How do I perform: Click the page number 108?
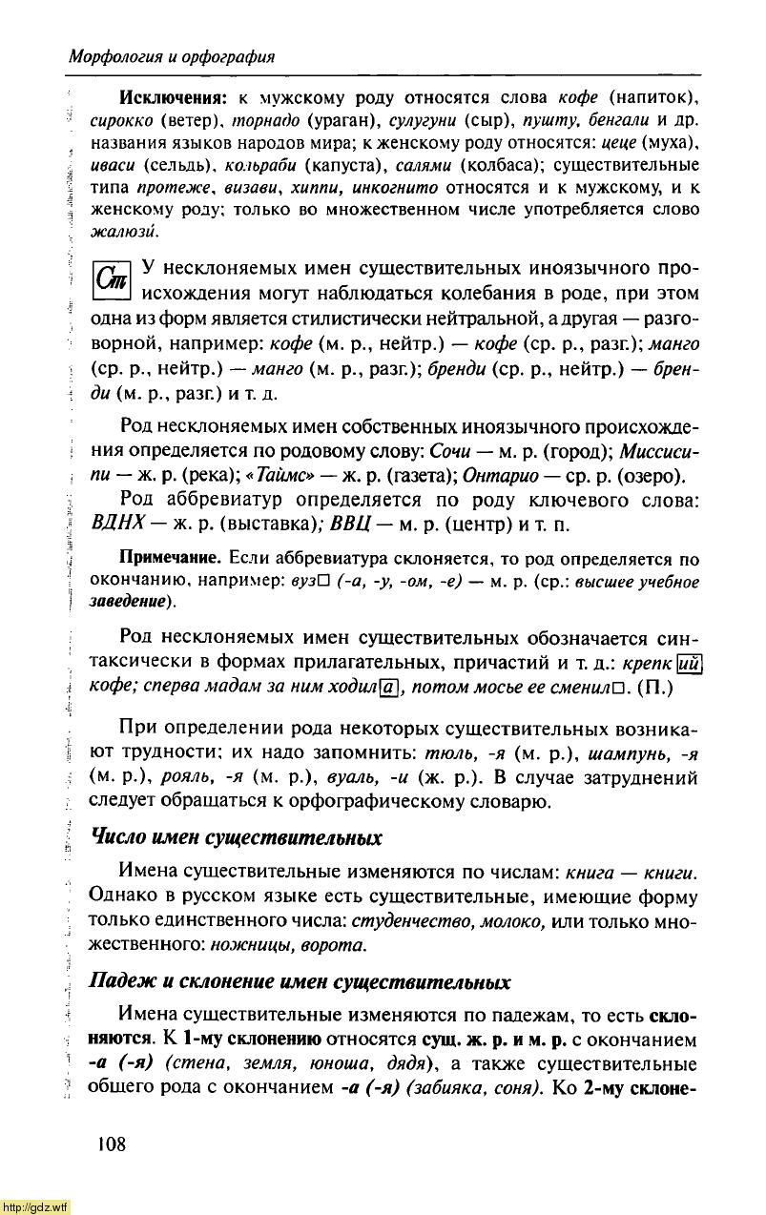tap(111, 1143)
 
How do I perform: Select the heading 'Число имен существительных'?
tap(236, 838)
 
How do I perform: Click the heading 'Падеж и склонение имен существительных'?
tap(300, 981)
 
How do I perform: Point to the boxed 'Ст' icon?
tap(114, 280)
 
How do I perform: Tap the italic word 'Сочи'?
tap(449, 450)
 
